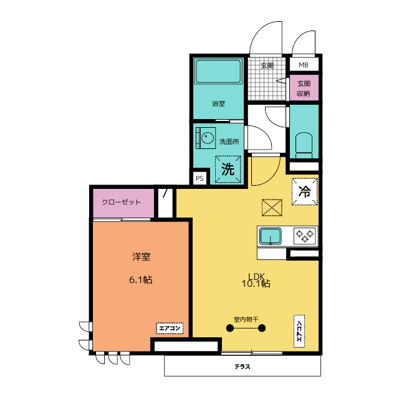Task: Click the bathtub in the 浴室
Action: tap(218, 71)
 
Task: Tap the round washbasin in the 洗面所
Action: tap(208, 138)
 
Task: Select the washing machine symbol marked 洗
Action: tap(228, 169)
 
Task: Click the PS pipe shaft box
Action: tap(199, 178)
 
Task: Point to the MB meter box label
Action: tap(304, 65)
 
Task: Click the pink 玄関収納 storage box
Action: tap(304, 88)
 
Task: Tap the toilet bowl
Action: tap(304, 145)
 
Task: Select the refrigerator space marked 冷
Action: tap(305, 191)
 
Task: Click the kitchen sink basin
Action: tap(270, 236)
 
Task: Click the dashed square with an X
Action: tap(272, 208)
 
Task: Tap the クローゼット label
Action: tap(121, 202)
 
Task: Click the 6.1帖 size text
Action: tap(141, 280)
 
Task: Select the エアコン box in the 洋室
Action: tap(170, 329)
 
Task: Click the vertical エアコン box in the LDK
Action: tap(299, 331)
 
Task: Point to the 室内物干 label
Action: tap(246, 319)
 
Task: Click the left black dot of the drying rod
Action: tap(230, 329)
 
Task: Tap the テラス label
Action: tap(243, 367)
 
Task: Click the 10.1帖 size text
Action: tap(256, 284)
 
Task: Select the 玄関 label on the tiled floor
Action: tap(267, 65)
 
